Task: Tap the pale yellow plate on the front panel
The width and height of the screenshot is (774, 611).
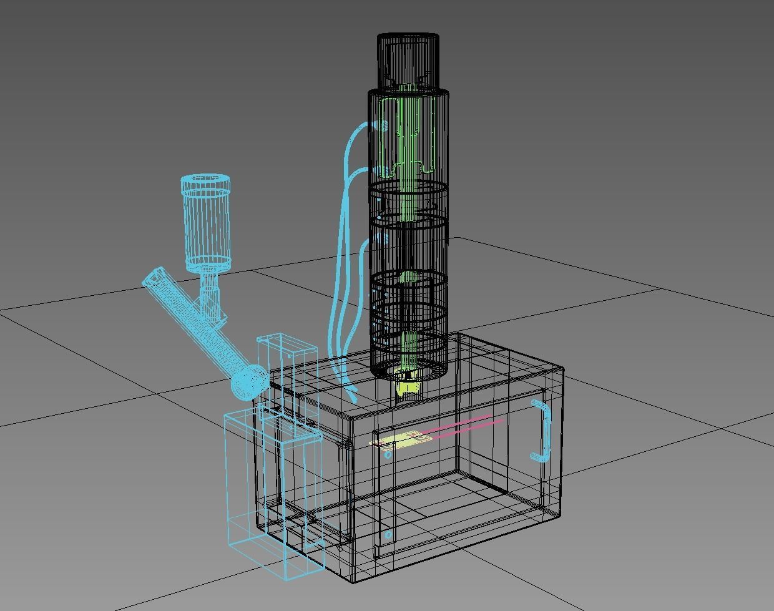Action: [399, 442]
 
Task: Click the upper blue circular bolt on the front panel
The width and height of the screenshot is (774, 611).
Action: [388, 455]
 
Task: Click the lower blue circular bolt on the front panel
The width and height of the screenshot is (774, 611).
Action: [388, 535]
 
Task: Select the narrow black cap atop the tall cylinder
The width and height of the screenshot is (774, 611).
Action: [408, 59]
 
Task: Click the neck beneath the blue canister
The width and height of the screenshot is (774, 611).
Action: [209, 293]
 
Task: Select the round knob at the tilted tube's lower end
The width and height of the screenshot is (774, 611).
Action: [248, 382]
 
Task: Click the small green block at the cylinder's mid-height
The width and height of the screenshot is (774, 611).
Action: [408, 276]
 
